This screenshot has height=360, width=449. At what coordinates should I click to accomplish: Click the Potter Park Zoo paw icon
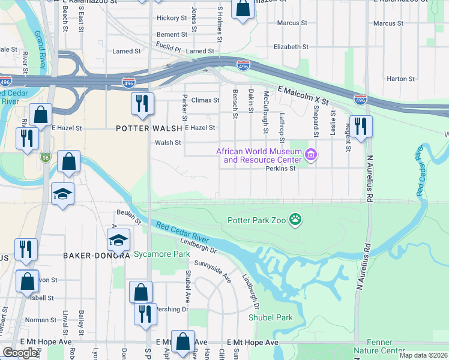(295, 220)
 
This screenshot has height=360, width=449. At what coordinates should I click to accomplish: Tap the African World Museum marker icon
(310, 155)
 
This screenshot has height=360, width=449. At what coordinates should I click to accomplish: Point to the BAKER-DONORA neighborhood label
(97, 256)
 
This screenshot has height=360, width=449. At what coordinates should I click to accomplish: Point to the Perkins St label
(281, 169)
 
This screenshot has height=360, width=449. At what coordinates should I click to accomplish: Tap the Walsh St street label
(168, 143)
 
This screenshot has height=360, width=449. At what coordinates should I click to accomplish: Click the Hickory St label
(172, 18)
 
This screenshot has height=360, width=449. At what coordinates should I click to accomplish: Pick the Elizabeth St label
(291, 46)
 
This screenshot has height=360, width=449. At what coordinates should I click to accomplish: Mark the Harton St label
(400, 79)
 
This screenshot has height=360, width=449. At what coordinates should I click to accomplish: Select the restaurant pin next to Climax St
(142, 103)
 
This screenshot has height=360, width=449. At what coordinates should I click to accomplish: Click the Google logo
(20, 353)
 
